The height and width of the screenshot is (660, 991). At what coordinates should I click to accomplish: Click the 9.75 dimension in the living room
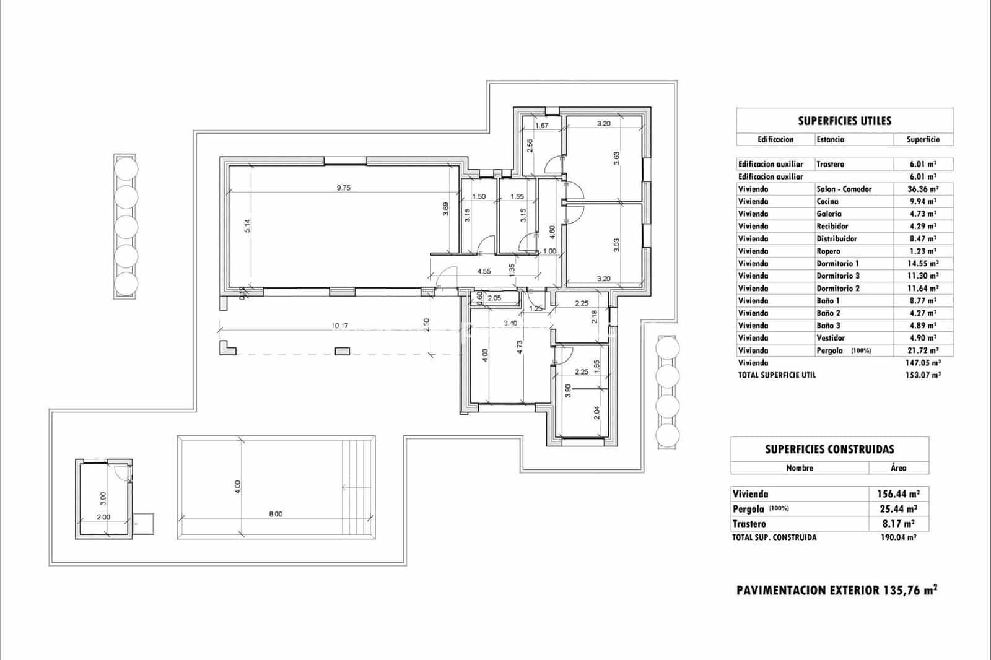(x=343, y=188)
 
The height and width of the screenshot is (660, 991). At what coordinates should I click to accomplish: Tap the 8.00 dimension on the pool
(x=276, y=514)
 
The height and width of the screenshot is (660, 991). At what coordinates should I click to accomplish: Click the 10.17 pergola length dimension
(x=340, y=326)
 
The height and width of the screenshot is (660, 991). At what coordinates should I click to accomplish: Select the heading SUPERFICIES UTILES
(x=844, y=121)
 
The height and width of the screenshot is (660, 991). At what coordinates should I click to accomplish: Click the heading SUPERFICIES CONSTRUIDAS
(x=829, y=449)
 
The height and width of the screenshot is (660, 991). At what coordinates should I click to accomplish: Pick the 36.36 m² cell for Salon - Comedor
(x=923, y=189)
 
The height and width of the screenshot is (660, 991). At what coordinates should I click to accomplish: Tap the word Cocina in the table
(x=827, y=201)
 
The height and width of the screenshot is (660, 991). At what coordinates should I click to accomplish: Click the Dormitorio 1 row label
(x=837, y=263)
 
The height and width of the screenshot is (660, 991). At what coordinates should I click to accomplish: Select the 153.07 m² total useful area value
(x=923, y=375)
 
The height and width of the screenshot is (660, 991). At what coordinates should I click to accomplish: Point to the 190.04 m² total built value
(x=898, y=537)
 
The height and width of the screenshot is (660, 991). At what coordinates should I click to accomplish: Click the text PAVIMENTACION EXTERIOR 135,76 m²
(x=836, y=590)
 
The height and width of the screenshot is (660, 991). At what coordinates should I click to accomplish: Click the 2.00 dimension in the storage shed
(x=103, y=517)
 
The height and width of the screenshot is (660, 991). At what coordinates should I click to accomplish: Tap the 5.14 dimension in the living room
(x=247, y=227)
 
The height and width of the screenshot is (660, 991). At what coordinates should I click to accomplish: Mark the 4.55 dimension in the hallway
(x=484, y=271)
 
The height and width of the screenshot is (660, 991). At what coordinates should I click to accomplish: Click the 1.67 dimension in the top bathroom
(x=541, y=125)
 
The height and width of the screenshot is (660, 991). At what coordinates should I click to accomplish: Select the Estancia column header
(x=830, y=139)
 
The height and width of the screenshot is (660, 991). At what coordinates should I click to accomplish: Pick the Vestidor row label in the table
(x=830, y=337)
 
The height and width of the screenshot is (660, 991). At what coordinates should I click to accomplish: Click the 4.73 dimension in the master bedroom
(x=520, y=355)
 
